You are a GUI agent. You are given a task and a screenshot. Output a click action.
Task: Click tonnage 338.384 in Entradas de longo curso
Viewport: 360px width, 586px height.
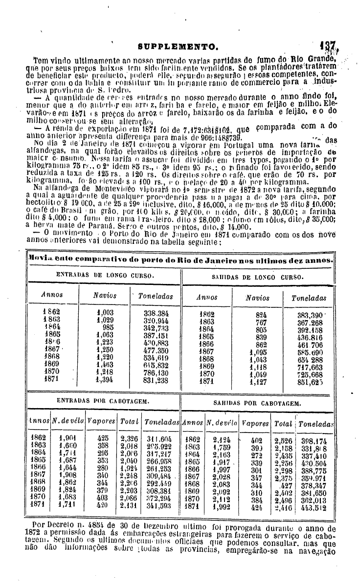coord(156,313)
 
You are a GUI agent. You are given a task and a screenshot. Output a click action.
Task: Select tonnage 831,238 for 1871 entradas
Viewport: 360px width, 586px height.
coord(156,378)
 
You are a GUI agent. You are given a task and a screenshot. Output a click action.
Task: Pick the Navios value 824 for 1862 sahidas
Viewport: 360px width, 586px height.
coord(261,316)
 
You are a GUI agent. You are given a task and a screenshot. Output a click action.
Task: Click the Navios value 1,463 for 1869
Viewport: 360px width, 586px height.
coord(105,364)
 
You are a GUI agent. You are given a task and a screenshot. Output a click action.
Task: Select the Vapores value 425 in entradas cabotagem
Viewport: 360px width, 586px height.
coord(103,438)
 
